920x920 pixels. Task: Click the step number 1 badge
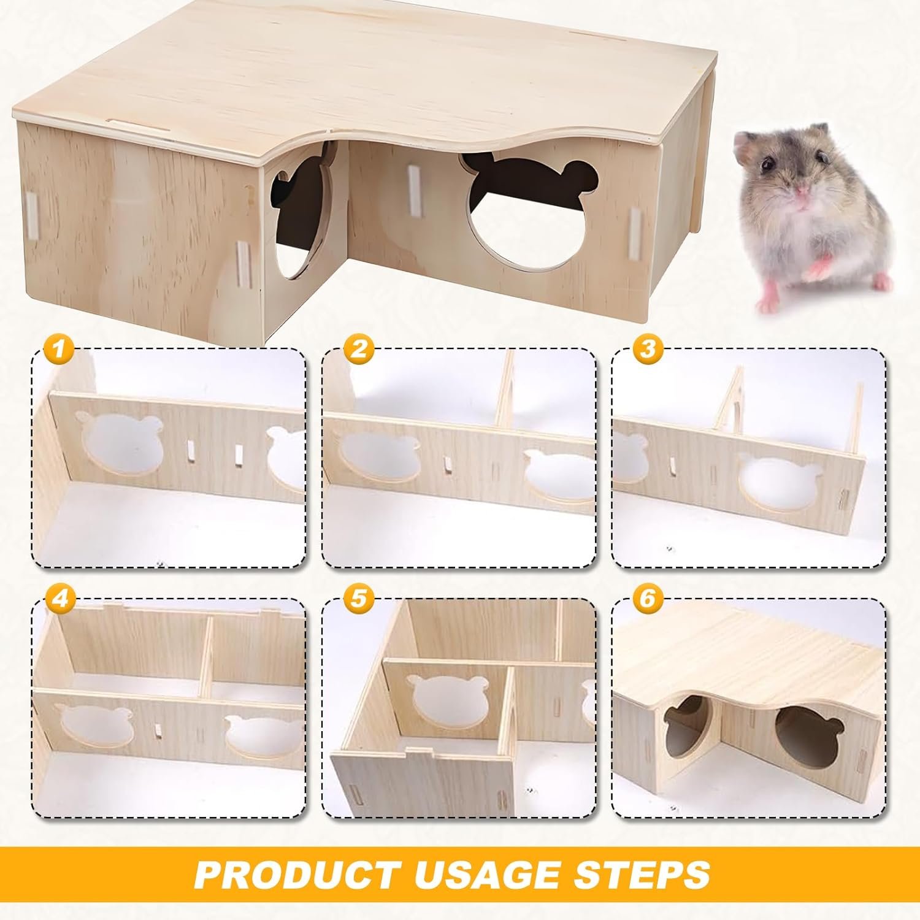(60, 351)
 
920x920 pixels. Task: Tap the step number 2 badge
(359, 350)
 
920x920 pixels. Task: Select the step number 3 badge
(648, 350)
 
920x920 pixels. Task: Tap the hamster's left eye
(767, 165)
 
